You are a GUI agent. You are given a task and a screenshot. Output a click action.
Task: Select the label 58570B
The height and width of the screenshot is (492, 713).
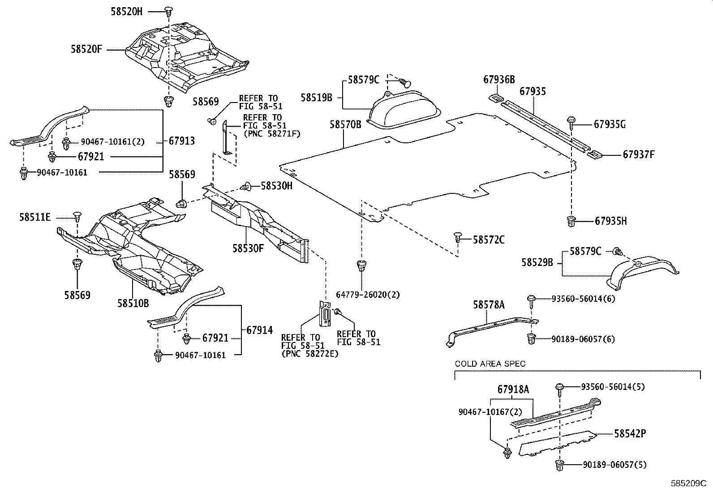tap(345, 124)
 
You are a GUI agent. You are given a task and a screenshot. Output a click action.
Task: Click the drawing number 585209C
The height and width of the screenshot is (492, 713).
tap(688, 483)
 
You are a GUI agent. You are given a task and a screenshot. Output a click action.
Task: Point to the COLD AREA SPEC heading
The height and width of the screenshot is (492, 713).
tap(490, 364)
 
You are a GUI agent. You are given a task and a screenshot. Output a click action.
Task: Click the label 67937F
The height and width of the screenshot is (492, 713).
tap(639, 154)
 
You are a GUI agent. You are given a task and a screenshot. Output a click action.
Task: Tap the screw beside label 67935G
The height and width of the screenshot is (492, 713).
tap(572, 122)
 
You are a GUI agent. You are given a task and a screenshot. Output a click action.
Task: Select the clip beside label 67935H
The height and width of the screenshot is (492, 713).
tap(571, 221)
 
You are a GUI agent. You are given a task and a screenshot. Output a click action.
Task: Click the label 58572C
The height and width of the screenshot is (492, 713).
tap(489, 240)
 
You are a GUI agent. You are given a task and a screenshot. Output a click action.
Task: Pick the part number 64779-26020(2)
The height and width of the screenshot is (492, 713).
tap(368, 295)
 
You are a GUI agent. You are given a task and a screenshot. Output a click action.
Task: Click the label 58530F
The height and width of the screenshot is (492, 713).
tap(248, 248)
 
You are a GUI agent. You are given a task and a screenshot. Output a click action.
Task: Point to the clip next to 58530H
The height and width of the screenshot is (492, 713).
tap(246, 186)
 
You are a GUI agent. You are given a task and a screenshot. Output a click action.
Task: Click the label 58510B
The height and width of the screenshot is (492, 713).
tap(133, 303)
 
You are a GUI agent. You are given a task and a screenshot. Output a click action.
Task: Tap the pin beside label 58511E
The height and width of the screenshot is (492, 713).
tap(77, 216)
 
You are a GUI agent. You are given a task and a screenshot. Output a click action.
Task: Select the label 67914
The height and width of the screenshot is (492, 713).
tap(259, 330)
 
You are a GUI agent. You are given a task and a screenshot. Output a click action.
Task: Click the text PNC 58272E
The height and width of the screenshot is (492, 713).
tap(309, 354)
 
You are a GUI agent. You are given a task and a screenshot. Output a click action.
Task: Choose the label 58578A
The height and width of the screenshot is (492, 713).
tap(489, 305)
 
